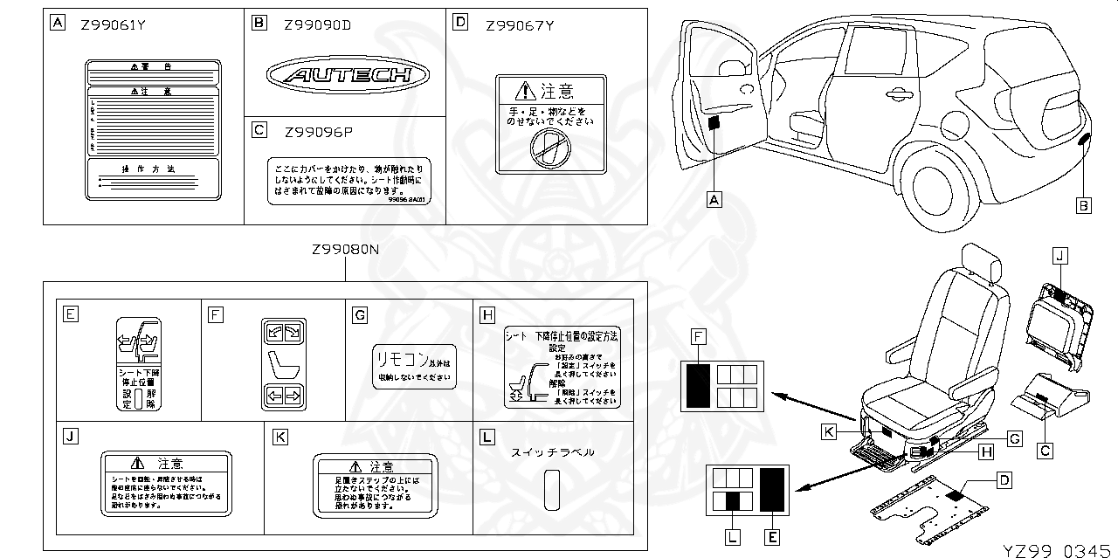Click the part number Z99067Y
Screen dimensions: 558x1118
(520, 25)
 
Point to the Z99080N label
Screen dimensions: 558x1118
(346, 250)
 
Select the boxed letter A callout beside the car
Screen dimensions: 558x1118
(714, 200)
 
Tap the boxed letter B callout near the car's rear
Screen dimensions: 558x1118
(1082, 206)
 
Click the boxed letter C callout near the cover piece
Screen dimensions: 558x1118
(1045, 451)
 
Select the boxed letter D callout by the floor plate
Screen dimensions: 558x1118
(1004, 479)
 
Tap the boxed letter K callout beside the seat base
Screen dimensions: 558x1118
(829, 431)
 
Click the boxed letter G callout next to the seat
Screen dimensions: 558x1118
(1013, 439)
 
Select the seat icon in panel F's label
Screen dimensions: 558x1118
(281, 365)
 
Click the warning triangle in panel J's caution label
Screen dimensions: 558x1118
(137, 463)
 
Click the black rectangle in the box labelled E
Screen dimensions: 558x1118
(771, 489)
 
